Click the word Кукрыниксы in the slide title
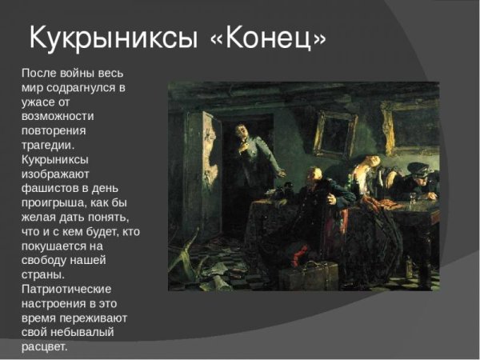[110, 36]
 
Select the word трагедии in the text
[49, 145]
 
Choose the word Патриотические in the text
[66, 289]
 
